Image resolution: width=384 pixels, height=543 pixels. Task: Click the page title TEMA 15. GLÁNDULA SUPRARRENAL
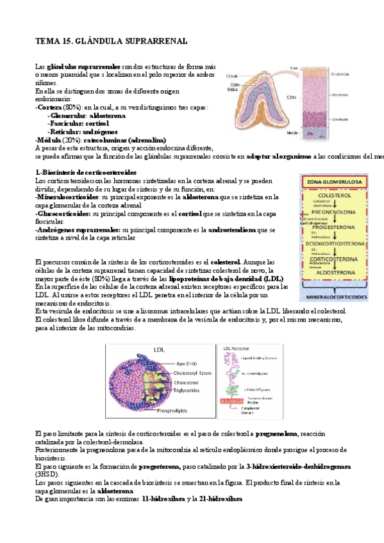coord(111,42)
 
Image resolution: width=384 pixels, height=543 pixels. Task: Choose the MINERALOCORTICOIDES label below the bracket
coord(337,298)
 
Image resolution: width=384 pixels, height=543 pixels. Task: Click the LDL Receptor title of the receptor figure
coord(235,348)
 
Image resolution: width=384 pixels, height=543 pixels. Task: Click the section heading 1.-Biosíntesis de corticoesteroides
coord(85,173)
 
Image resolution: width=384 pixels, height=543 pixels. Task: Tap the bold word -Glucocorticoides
coord(62,213)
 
